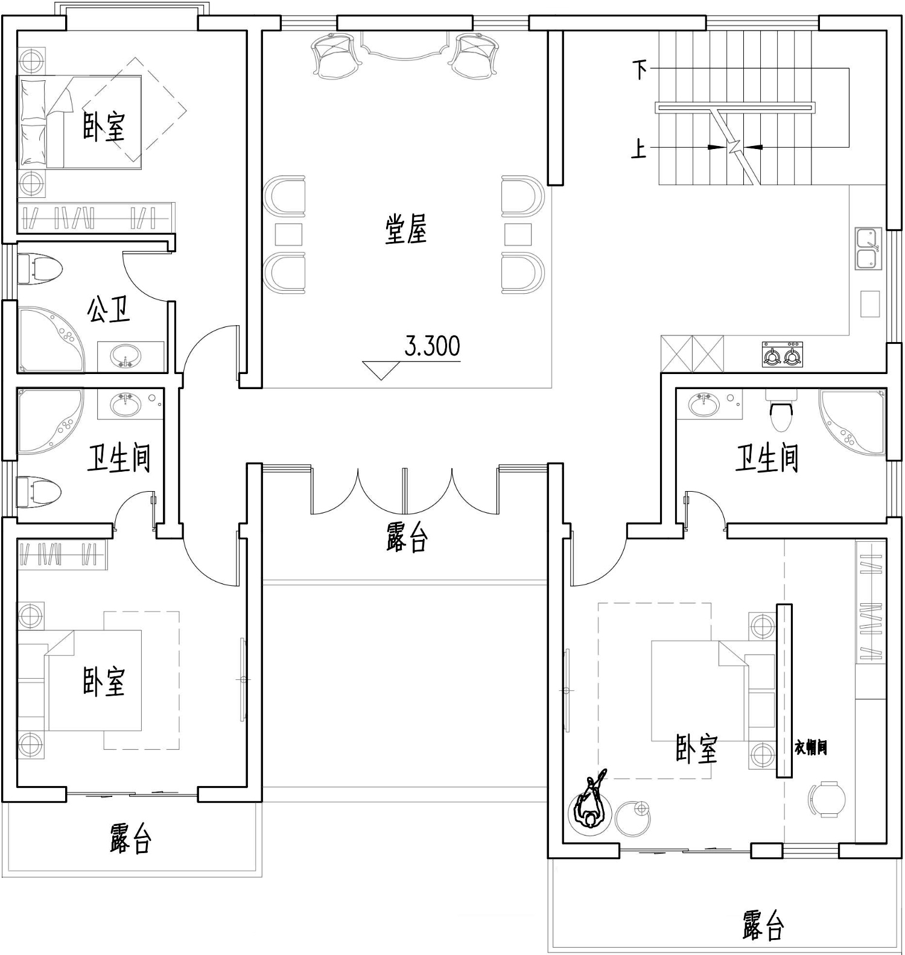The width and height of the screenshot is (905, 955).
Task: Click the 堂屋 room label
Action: (406, 230)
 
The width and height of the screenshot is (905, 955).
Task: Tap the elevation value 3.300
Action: (432, 346)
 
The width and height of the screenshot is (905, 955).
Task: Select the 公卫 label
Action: (109, 309)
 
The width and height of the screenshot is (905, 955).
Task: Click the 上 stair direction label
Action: (639, 148)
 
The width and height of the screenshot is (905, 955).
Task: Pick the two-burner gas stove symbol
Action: (783, 354)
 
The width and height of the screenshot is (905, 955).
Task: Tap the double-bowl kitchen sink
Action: (868, 249)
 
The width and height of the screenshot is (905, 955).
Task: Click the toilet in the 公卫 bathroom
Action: (40, 269)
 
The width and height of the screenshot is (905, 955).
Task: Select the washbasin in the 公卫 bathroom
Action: (126, 355)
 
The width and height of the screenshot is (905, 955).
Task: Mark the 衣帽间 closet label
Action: (810, 748)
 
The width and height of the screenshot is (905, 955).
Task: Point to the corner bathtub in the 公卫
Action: (51, 340)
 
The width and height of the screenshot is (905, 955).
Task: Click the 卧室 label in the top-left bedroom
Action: (104, 127)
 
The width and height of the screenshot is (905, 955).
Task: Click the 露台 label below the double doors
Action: (407, 538)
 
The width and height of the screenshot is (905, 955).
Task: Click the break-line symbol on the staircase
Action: (735, 147)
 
